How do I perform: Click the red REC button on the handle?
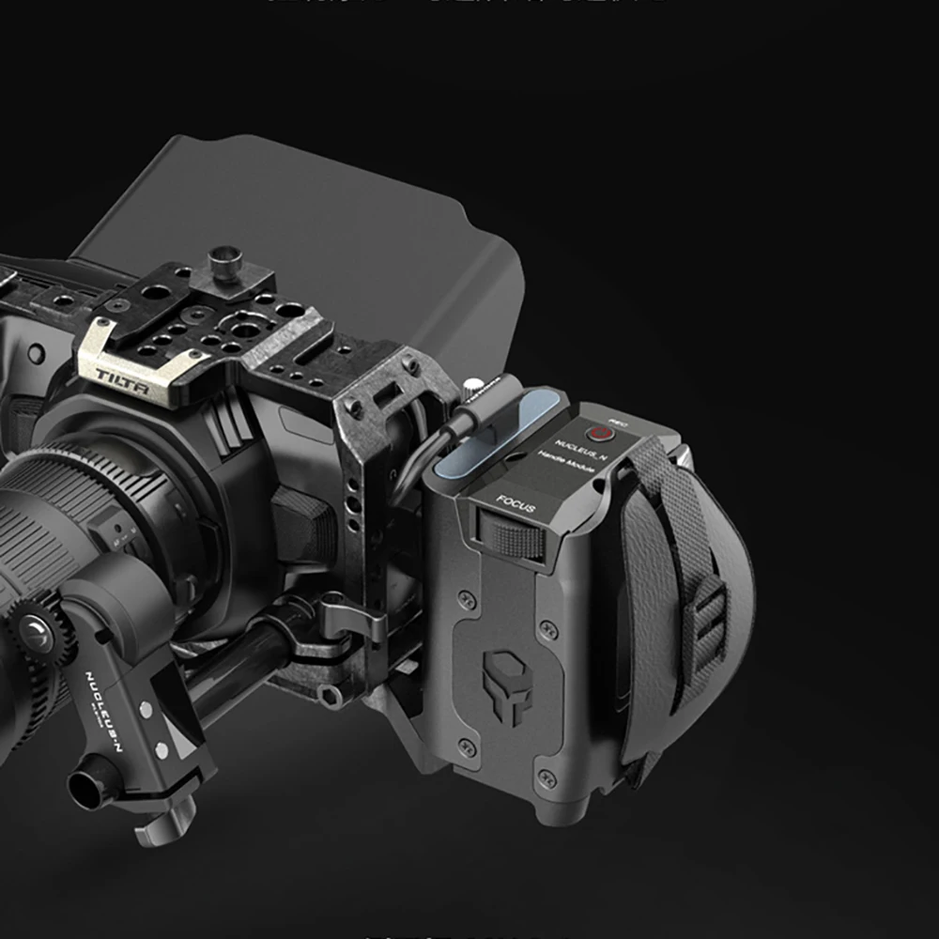click(597, 433)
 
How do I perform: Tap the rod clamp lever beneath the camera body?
click(352, 620)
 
